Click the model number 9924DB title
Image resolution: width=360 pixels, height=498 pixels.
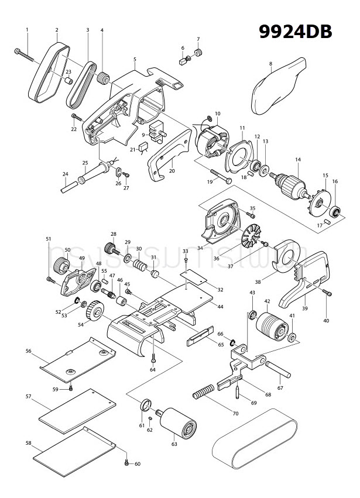pos(296,32)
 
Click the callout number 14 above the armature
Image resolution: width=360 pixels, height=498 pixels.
pos(297,160)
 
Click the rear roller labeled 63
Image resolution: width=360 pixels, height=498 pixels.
pos(175,424)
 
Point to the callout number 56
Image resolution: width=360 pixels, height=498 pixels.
pos(28,351)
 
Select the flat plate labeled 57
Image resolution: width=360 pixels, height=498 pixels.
pos(76,410)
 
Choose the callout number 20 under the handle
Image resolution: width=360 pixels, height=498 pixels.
pos(172,171)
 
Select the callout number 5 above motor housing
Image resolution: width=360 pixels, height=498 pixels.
pos(135,59)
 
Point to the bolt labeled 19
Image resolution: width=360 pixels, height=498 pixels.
pos(219,176)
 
